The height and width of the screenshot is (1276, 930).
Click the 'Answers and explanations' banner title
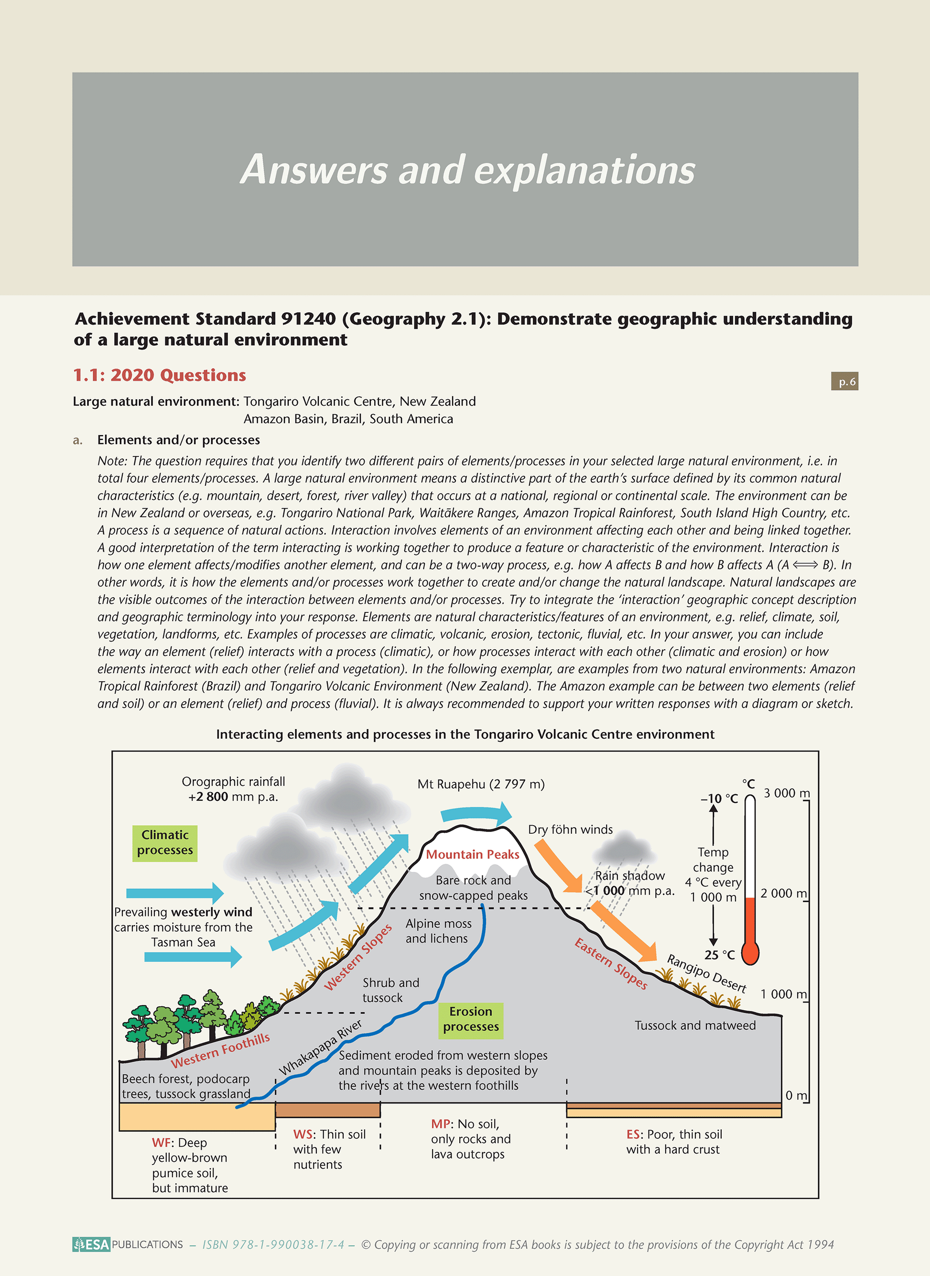[467, 170]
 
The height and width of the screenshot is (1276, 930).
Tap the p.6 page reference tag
[844, 381]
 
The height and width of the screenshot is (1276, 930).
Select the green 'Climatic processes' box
[165, 842]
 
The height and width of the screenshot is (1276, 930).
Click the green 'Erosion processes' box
[471, 1019]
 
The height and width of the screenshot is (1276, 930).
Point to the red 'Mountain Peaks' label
[472, 854]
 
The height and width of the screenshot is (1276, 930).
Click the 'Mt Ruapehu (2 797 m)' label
[481, 784]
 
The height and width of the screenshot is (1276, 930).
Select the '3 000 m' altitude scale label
[786, 793]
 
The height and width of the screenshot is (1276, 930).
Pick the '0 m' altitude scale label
[795, 1095]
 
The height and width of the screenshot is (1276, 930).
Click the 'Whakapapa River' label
[321, 1047]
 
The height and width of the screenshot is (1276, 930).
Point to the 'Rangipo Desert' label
[706, 973]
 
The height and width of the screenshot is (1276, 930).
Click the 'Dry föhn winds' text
[570, 829]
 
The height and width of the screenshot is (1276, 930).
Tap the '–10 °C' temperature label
[719, 798]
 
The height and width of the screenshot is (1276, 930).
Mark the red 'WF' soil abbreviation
[161, 1143]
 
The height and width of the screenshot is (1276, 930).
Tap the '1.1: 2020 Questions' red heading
[160, 375]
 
